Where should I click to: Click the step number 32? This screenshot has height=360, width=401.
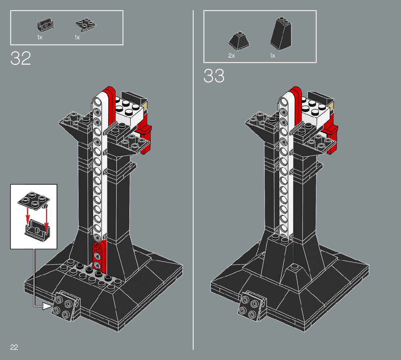[21, 58]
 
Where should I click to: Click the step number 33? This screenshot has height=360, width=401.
[214, 76]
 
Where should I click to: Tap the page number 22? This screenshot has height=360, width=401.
[14, 347]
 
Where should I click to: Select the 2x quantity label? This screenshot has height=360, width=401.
[232, 56]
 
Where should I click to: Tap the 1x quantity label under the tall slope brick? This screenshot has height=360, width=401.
[273, 56]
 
